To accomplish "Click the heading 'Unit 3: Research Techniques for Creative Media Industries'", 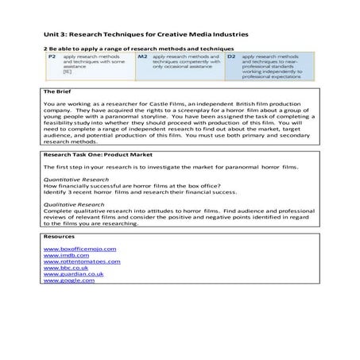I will (146, 35).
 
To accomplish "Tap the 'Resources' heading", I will (60, 237).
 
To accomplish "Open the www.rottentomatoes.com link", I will (83, 261).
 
